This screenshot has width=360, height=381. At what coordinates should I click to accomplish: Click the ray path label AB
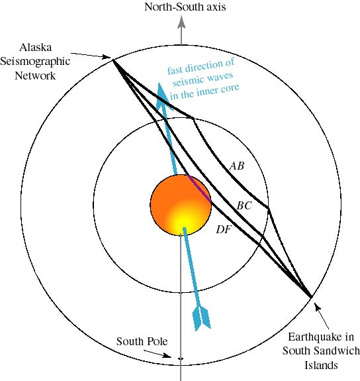click(x=237, y=166)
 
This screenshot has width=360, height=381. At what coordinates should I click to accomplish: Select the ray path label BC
click(x=244, y=206)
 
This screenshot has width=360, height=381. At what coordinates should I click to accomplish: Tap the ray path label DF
click(x=224, y=229)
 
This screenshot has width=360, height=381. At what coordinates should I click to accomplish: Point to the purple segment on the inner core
click(x=200, y=188)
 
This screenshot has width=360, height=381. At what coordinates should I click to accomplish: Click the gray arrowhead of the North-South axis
click(x=181, y=23)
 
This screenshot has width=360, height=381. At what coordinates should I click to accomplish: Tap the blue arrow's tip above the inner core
click(x=159, y=83)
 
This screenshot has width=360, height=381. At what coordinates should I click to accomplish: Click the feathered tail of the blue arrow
click(x=201, y=318)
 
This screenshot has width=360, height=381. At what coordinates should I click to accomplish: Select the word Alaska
click(x=36, y=47)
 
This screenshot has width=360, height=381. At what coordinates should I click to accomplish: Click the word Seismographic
click(x=35, y=62)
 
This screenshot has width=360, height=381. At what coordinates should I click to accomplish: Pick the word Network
click(x=35, y=76)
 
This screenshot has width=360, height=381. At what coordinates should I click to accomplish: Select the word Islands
click(x=321, y=365)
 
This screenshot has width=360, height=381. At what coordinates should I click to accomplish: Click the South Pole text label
click(x=142, y=341)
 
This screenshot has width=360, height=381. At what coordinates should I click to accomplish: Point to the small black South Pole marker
click(x=181, y=358)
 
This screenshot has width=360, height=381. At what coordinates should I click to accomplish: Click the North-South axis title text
click(x=185, y=7)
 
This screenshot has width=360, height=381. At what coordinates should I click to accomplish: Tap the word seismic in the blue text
click(x=187, y=81)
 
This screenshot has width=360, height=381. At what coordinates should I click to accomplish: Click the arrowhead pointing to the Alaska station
click(x=107, y=57)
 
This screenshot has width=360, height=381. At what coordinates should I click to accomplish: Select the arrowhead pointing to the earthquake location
click(x=317, y=306)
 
